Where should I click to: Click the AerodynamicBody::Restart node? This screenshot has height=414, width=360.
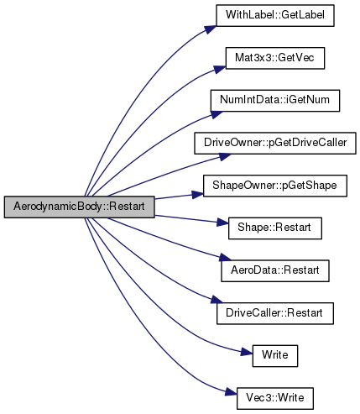[79, 207]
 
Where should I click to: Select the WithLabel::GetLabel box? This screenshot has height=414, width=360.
[275, 15]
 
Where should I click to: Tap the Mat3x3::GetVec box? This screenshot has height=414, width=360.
[275, 58]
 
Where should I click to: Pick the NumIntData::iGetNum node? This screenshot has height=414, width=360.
[275, 101]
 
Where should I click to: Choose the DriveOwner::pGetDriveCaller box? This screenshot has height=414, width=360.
[275, 143]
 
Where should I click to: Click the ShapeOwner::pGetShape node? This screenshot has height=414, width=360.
[275, 186]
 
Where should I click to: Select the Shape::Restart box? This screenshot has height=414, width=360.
[275, 228]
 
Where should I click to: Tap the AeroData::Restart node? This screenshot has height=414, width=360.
[275, 270]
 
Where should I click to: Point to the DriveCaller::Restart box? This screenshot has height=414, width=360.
[275, 313]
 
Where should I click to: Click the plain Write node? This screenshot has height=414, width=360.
[275, 356]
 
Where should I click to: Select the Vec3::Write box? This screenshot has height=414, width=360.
[275, 398]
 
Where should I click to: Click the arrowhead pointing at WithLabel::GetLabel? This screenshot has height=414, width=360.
[211, 29]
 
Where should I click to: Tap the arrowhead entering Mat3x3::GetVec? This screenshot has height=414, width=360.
[220, 69]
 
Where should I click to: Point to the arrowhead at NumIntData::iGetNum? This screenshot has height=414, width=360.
[217, 114]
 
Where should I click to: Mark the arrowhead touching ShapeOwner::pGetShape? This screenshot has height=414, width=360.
[197, 194]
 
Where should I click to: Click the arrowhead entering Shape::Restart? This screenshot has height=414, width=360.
[222, 223]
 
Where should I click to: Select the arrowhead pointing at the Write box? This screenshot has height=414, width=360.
[247, 352]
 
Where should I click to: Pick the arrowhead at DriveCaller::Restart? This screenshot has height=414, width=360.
[217, 300]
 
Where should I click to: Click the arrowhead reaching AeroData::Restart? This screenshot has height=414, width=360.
[226, 258]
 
